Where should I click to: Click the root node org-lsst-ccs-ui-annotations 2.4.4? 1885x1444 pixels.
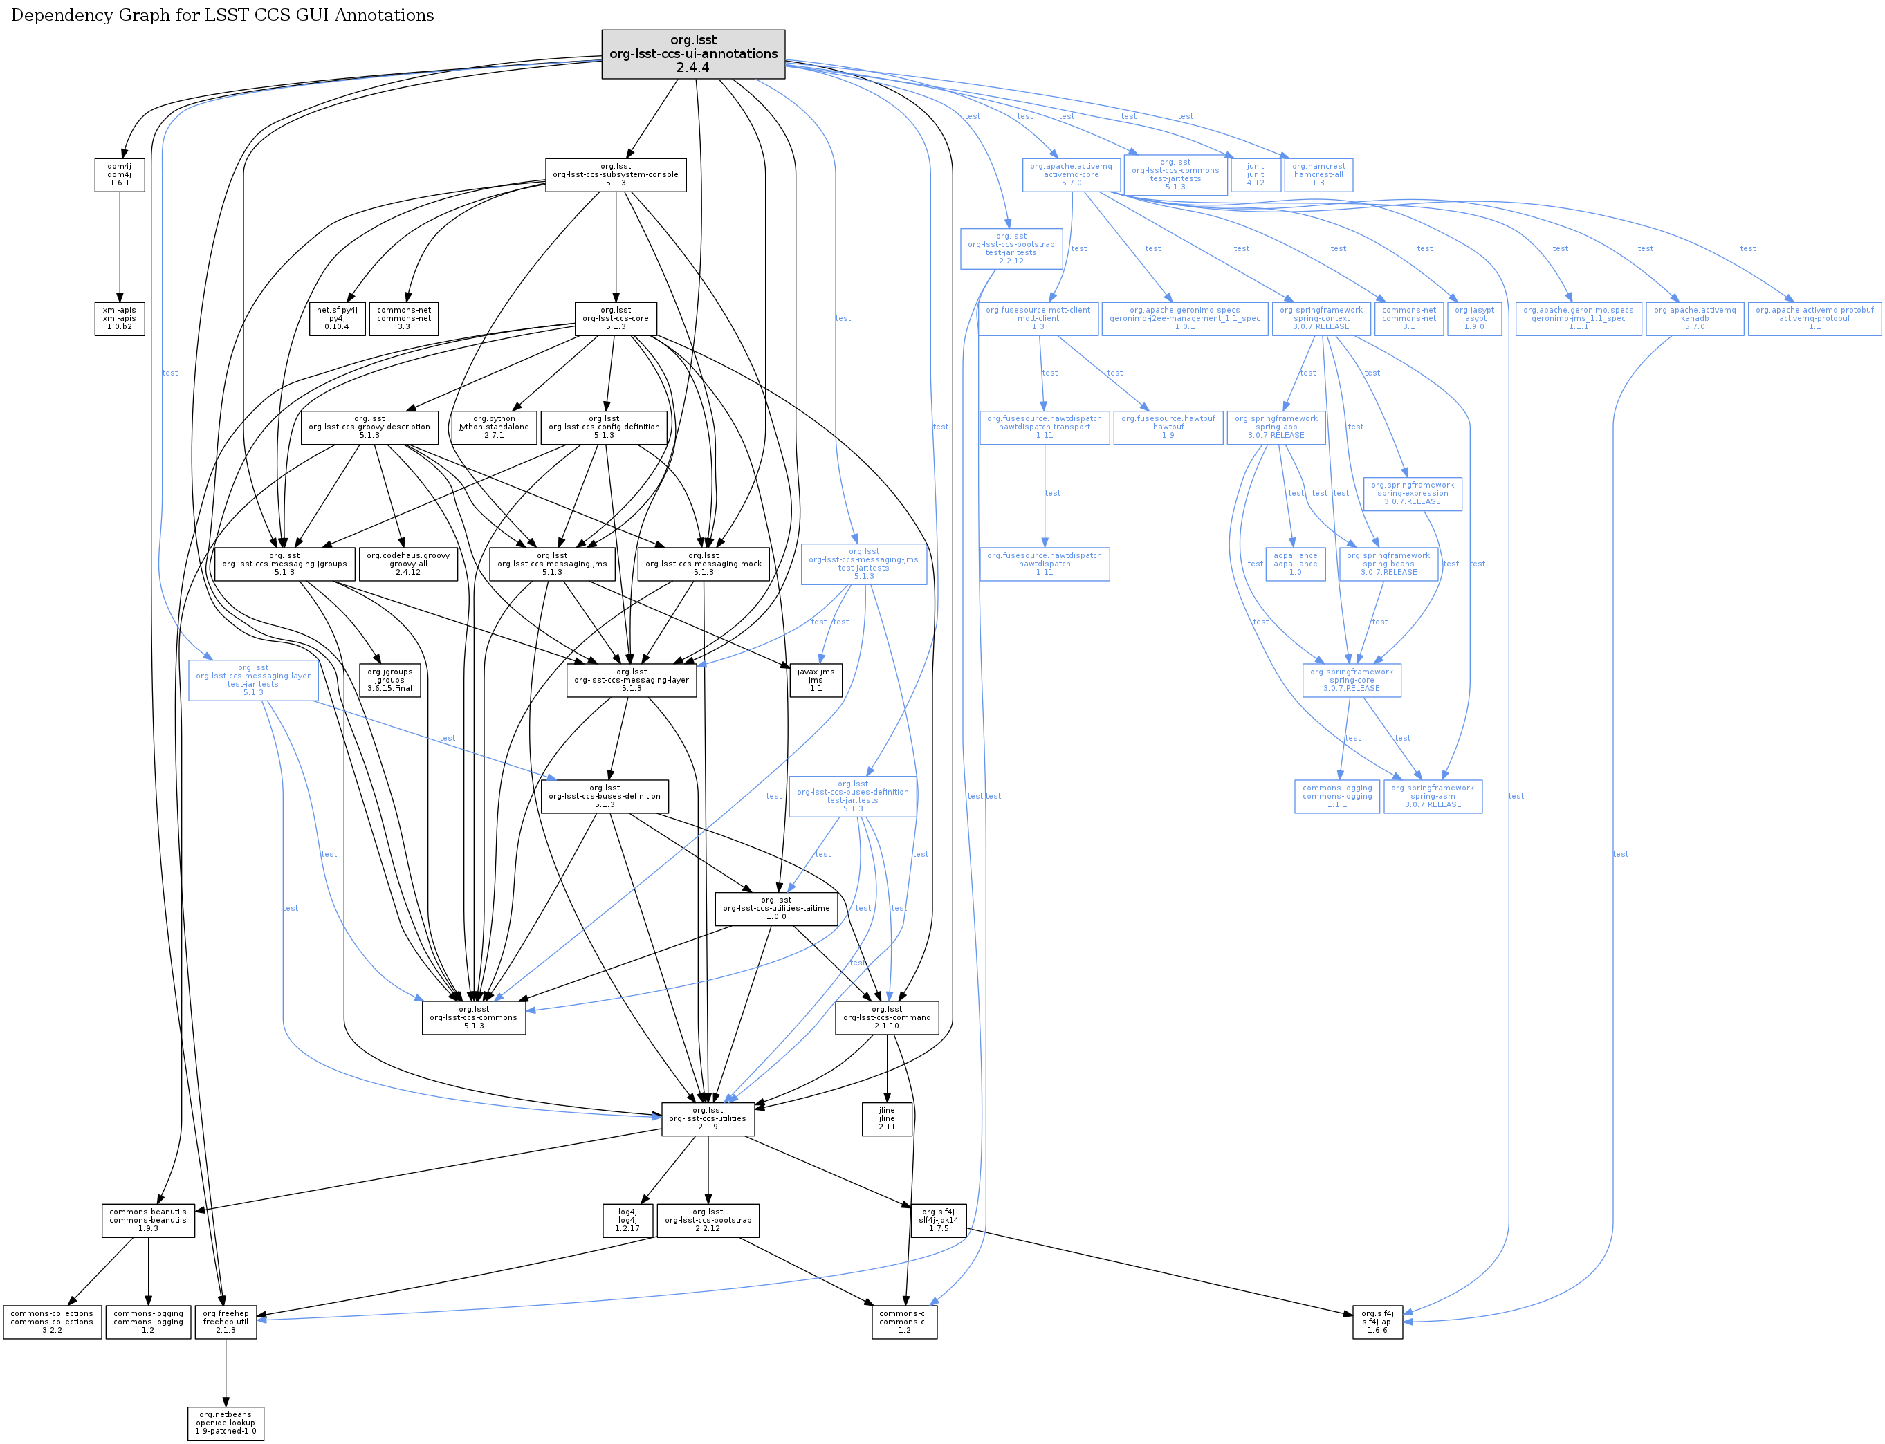point(693,54)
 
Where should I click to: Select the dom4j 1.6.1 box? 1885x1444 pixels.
point(120,174)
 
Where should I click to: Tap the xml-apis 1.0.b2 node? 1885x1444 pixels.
point(120,318)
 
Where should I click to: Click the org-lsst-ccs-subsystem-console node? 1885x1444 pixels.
point(616,174)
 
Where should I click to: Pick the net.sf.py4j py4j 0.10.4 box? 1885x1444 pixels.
point(337,318)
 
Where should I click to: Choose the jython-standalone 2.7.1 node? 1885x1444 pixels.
point(494,427)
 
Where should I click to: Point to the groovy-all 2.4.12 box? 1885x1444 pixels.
point(408,564)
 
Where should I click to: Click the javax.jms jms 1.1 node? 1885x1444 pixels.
point(816,680)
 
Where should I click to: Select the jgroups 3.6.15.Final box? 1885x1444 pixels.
point(390,680)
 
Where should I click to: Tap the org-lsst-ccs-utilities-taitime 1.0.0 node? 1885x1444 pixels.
point(776,909)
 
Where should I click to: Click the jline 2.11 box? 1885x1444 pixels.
point(887,1118)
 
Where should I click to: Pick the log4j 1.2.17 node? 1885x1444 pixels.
point(627,1221)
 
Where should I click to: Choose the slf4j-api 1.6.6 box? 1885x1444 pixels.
point(1377,1322)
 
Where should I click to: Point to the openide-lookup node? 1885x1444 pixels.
point(226,1423)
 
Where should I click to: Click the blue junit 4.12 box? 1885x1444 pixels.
point(1255,174)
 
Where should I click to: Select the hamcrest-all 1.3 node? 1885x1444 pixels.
point(1318,174)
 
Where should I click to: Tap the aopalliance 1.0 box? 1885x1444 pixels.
point(1296,564)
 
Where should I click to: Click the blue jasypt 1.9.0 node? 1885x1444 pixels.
point(1474,318)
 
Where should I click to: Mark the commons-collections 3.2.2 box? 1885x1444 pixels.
point(53,1322)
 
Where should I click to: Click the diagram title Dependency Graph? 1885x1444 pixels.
point(222,15)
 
